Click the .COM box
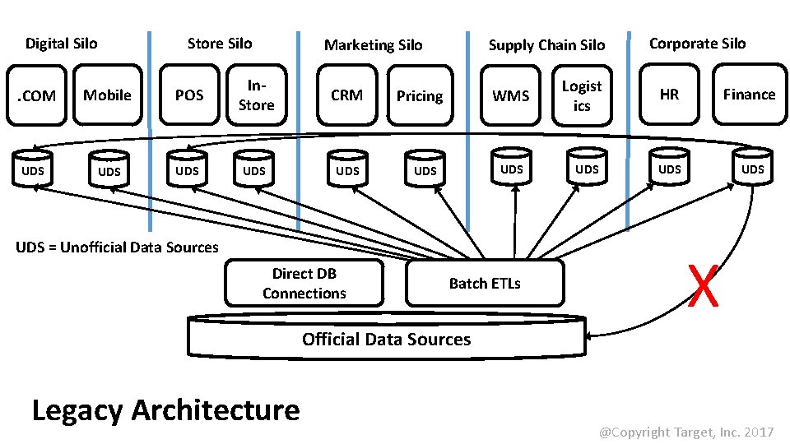(37, 96)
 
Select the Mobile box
(107, 95)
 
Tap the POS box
(189, 95)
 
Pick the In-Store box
(256, 95)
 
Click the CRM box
(346, 95)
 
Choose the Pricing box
(420, 96)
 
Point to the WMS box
(510, 96)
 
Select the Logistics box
(582, 96)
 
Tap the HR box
(669, 95)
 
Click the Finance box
(749, 95)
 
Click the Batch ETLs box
(485, 284)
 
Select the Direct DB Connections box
(304, 284)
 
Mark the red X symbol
(704, 285)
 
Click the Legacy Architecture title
(165, 409)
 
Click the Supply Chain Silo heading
(546, 45)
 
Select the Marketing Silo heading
(373, 45)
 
